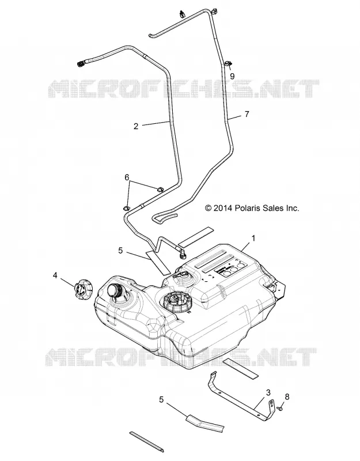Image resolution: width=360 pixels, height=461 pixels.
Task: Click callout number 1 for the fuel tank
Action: tap(253, 238)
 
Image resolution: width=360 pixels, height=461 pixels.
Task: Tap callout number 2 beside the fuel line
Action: tap(136, 126)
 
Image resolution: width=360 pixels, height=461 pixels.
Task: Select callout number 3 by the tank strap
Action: tap(268, 392)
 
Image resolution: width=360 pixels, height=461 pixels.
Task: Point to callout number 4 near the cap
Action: tap(55, 275)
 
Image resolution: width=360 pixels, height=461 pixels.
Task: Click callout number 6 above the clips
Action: tap(127, 177)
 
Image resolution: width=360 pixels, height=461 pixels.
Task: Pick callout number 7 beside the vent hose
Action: tap(247, 114)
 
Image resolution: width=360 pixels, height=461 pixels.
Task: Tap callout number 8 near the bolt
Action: tap(287, 396)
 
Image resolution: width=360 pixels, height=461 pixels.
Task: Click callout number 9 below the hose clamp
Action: tap(232, 76)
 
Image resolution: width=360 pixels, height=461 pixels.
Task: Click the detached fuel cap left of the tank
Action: tap(83, 290)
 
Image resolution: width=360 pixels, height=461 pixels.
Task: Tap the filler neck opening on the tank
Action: tap(113, 291)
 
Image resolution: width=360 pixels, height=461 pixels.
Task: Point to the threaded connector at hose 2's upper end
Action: tap(81, 63)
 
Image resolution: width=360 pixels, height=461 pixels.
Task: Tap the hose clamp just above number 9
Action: tap(229, 63)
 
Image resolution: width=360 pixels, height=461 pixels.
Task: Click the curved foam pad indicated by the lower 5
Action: tap(205, 422)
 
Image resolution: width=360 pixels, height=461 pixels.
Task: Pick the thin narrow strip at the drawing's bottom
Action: tap(146, 441)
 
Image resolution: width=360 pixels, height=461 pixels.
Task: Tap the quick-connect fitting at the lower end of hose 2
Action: tap(183, 253)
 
